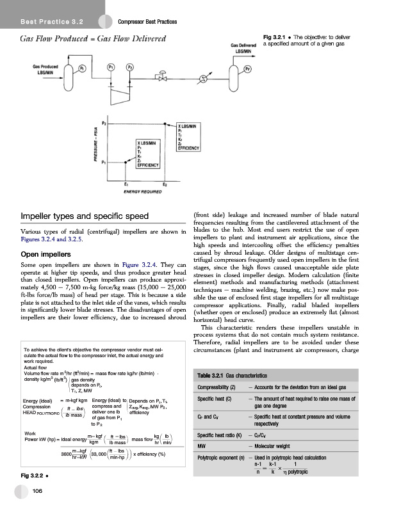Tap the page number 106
[38, 490]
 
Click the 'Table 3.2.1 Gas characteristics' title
[240, 374]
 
